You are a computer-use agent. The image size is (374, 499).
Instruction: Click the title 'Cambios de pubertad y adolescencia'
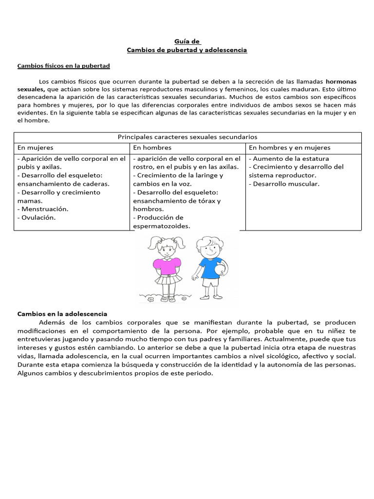coord(187,50)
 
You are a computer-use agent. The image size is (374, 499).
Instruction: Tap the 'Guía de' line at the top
coord(187,42)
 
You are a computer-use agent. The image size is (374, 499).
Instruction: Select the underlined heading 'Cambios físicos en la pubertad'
coord(64,66)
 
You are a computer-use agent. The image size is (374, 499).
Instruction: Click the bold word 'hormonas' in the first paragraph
coord(341,81)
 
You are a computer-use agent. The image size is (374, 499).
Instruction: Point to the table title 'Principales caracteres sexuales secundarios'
coord(187,137)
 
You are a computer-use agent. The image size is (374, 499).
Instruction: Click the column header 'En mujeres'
coord(36,148)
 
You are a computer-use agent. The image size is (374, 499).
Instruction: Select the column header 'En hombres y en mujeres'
coord(289,148)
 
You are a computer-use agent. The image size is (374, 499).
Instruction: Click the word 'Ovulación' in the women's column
coord(38,217)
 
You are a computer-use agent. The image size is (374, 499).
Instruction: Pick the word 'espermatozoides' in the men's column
coord(161,226)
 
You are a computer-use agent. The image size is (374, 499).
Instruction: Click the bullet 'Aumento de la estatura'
coord(291,158)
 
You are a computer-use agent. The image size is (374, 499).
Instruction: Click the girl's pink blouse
coord(164,265)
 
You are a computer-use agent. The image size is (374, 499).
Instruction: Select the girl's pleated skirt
coord(166,279)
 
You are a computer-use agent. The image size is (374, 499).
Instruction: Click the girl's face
coord(166,247)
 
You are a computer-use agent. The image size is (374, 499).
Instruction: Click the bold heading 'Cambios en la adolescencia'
coord(62,314)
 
